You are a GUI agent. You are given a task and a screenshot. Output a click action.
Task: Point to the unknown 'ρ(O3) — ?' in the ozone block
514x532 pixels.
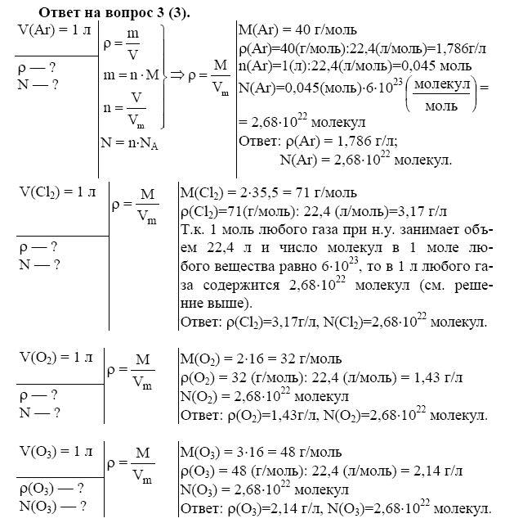[51, 489]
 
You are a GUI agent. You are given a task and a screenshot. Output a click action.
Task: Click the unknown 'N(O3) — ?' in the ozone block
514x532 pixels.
[51, 505]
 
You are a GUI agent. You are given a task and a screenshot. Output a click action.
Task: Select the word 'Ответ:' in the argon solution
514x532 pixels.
[259, 141]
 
